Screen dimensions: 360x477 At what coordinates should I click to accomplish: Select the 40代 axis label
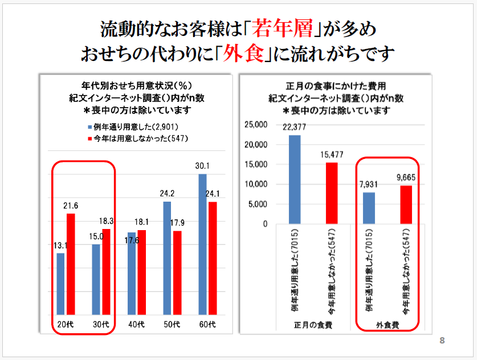coord(136,325)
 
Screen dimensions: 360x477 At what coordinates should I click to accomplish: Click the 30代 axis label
coord(101,325)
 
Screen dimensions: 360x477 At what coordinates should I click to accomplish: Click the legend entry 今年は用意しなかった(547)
coord(137,138)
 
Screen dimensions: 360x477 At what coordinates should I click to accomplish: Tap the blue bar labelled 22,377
coord(295,179)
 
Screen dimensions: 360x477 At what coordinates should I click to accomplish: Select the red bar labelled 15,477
coord(332,193)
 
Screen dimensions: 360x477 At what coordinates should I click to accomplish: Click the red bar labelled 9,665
coord(406,204)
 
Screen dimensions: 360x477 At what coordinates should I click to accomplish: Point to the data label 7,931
coord(369,184)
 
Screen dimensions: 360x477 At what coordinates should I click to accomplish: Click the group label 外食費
coord(388,325)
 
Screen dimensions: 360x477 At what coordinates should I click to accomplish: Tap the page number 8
coord(442,340)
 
